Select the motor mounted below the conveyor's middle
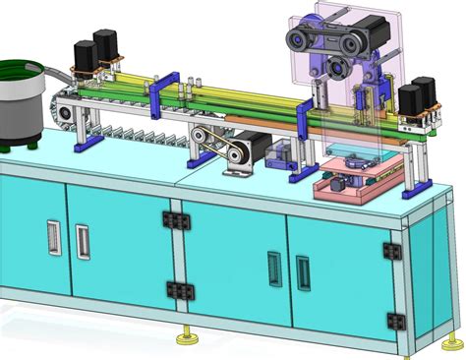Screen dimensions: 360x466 (256, 148)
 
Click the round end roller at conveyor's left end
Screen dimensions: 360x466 (66, 115)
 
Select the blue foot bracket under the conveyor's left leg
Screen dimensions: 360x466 (87, 143)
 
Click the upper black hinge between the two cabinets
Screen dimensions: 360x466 (177, 219)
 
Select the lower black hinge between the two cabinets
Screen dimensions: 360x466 (178, 290)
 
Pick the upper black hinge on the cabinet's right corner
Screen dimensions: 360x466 (392, 252)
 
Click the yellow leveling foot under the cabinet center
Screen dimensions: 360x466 (186, 338)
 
